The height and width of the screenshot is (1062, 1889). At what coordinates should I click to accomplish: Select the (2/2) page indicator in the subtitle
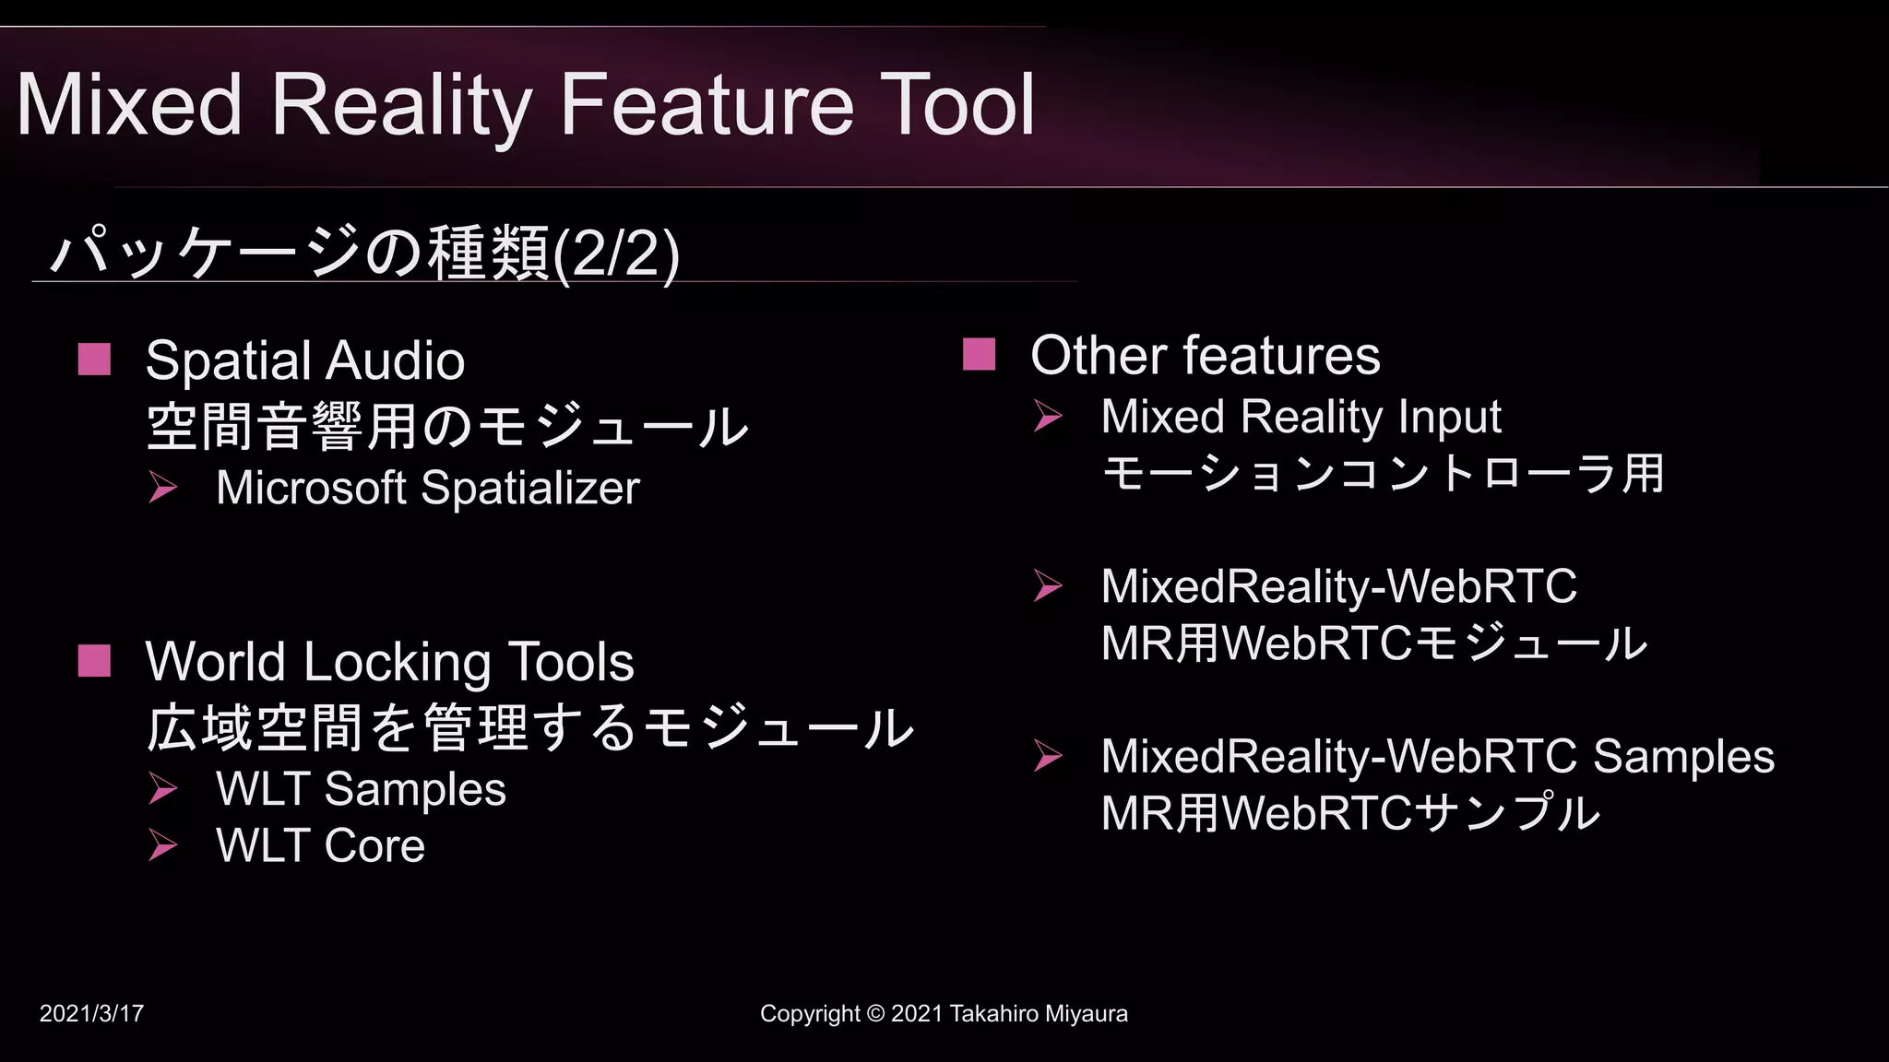pos(616,254)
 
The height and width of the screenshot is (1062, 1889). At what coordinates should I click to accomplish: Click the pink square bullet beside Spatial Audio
pos(94,360)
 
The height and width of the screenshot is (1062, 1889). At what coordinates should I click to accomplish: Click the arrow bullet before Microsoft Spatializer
pos(163,487)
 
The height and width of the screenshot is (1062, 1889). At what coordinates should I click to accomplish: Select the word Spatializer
pos(529,488)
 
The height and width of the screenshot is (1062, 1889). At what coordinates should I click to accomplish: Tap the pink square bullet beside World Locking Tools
pos(94,661)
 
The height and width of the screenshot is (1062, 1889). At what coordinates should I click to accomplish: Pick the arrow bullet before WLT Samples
pos(163,788)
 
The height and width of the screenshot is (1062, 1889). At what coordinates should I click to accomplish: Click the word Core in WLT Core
pos(374,845)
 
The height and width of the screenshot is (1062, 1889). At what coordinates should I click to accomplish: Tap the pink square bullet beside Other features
pos(979,354)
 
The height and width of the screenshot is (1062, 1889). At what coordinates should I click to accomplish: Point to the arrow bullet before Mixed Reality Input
pos(1048,416)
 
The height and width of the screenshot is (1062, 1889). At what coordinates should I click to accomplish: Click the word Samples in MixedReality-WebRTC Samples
pos(1683,758)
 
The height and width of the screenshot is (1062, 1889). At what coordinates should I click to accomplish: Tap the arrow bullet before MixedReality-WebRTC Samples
pos(1048,756)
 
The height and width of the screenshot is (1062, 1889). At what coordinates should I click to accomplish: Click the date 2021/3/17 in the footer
pos(91,1014)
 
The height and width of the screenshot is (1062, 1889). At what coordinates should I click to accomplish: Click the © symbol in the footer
pos(875,1014)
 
